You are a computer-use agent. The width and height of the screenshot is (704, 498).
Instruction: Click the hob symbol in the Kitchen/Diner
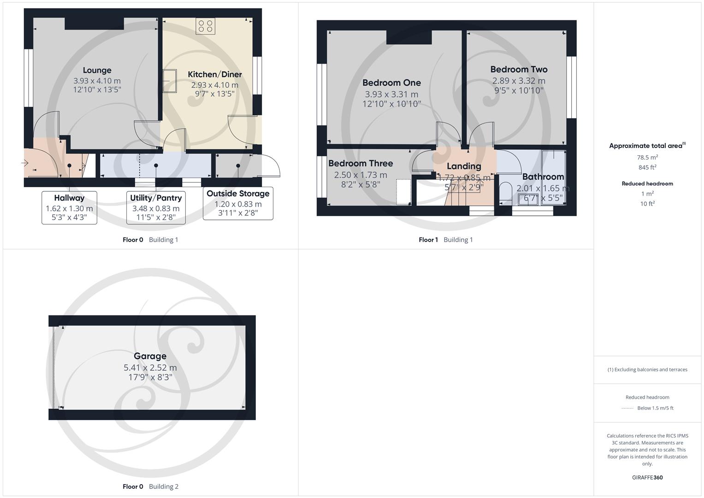205,26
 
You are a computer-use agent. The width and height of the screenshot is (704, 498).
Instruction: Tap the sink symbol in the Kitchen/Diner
169,81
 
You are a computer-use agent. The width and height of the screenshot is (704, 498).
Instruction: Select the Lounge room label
97,70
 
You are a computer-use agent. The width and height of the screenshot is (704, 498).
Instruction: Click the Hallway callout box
69,207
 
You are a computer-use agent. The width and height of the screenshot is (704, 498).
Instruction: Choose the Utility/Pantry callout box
156,207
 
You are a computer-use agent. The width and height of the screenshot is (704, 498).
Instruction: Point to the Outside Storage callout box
238,203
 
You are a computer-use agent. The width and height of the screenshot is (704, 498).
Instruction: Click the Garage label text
150,356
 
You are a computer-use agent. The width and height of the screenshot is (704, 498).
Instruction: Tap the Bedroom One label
391,83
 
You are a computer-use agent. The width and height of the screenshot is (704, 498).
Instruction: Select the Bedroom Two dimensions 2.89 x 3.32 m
519,81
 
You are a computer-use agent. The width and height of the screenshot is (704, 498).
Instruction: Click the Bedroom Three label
361,163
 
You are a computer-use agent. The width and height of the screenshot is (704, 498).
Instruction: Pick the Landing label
464,166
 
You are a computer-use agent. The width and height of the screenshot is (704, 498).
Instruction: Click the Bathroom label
543,177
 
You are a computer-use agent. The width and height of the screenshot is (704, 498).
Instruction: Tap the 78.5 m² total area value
647,157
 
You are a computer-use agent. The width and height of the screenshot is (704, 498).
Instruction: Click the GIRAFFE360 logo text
647,477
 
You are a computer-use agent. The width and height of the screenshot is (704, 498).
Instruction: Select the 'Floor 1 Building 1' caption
445,240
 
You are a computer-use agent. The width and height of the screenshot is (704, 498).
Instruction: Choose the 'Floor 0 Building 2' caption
150,486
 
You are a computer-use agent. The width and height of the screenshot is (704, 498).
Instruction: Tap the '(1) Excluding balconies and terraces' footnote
647,369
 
